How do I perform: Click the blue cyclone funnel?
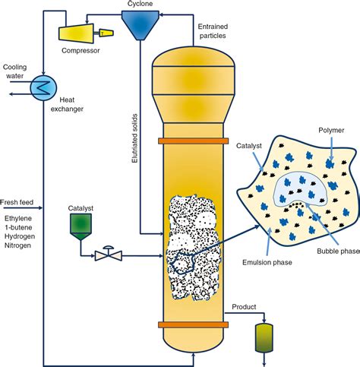click(140, 24)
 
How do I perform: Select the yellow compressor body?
click(76, 33)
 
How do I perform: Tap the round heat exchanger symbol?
click(43, 88)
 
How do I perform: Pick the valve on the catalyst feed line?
click(109, 254)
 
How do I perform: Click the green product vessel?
click(264, 338)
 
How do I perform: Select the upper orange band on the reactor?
click(194, 141)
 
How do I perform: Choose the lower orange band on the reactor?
click(194, 324)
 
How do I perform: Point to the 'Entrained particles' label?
click(213, 31)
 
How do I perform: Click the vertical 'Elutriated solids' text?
click(134, 138)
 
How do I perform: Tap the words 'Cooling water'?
click(14, 71)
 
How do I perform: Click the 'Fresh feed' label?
click(17, 202)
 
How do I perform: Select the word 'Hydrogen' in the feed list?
click(20, 236)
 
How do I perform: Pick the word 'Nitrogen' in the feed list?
click(17, 245)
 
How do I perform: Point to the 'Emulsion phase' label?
click(267, 262)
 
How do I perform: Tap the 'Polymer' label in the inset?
click(331, 131)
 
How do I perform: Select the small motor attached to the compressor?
click(106, 33)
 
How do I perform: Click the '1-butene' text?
click(18, 227)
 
